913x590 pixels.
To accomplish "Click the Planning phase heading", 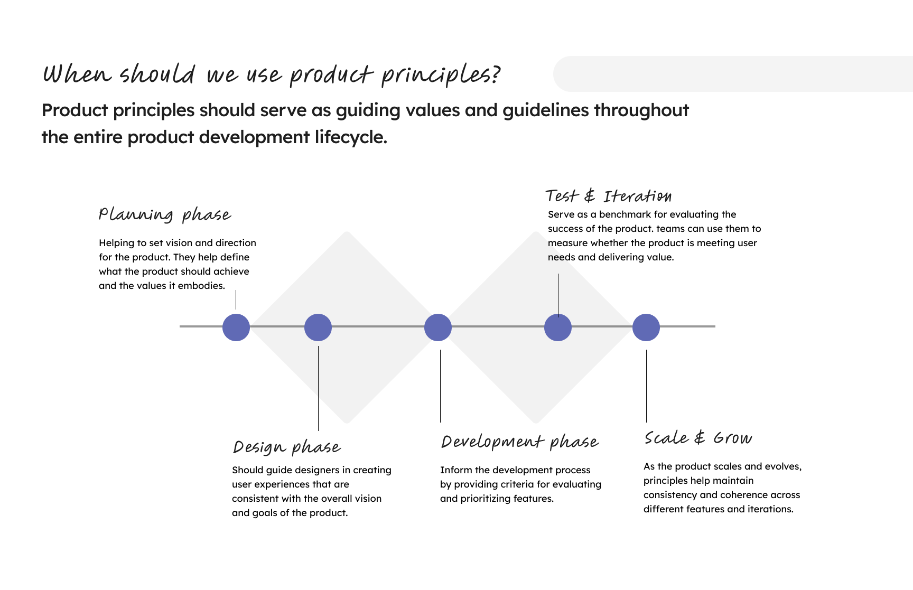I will [x=164, y=215].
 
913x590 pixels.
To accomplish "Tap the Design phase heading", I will [x=286, y=447].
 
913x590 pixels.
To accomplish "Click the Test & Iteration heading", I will [x=608, y=196].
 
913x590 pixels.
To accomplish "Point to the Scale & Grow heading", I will [x=697, y=438].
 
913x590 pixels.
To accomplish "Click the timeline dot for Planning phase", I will [x=236, y=327].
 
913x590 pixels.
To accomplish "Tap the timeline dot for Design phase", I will [x=318, y=327].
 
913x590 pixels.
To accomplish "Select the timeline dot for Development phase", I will [x=438, y=327].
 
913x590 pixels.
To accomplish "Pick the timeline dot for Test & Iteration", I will [x=558, y=327].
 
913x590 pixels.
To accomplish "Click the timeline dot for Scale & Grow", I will [x=646, y=327].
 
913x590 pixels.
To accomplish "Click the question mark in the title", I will [x=495, y=75].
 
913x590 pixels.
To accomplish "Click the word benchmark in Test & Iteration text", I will [x=625, y=214].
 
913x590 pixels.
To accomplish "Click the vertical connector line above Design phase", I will [x=318, y=388].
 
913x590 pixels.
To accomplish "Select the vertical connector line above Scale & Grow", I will [x=646, y=386].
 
